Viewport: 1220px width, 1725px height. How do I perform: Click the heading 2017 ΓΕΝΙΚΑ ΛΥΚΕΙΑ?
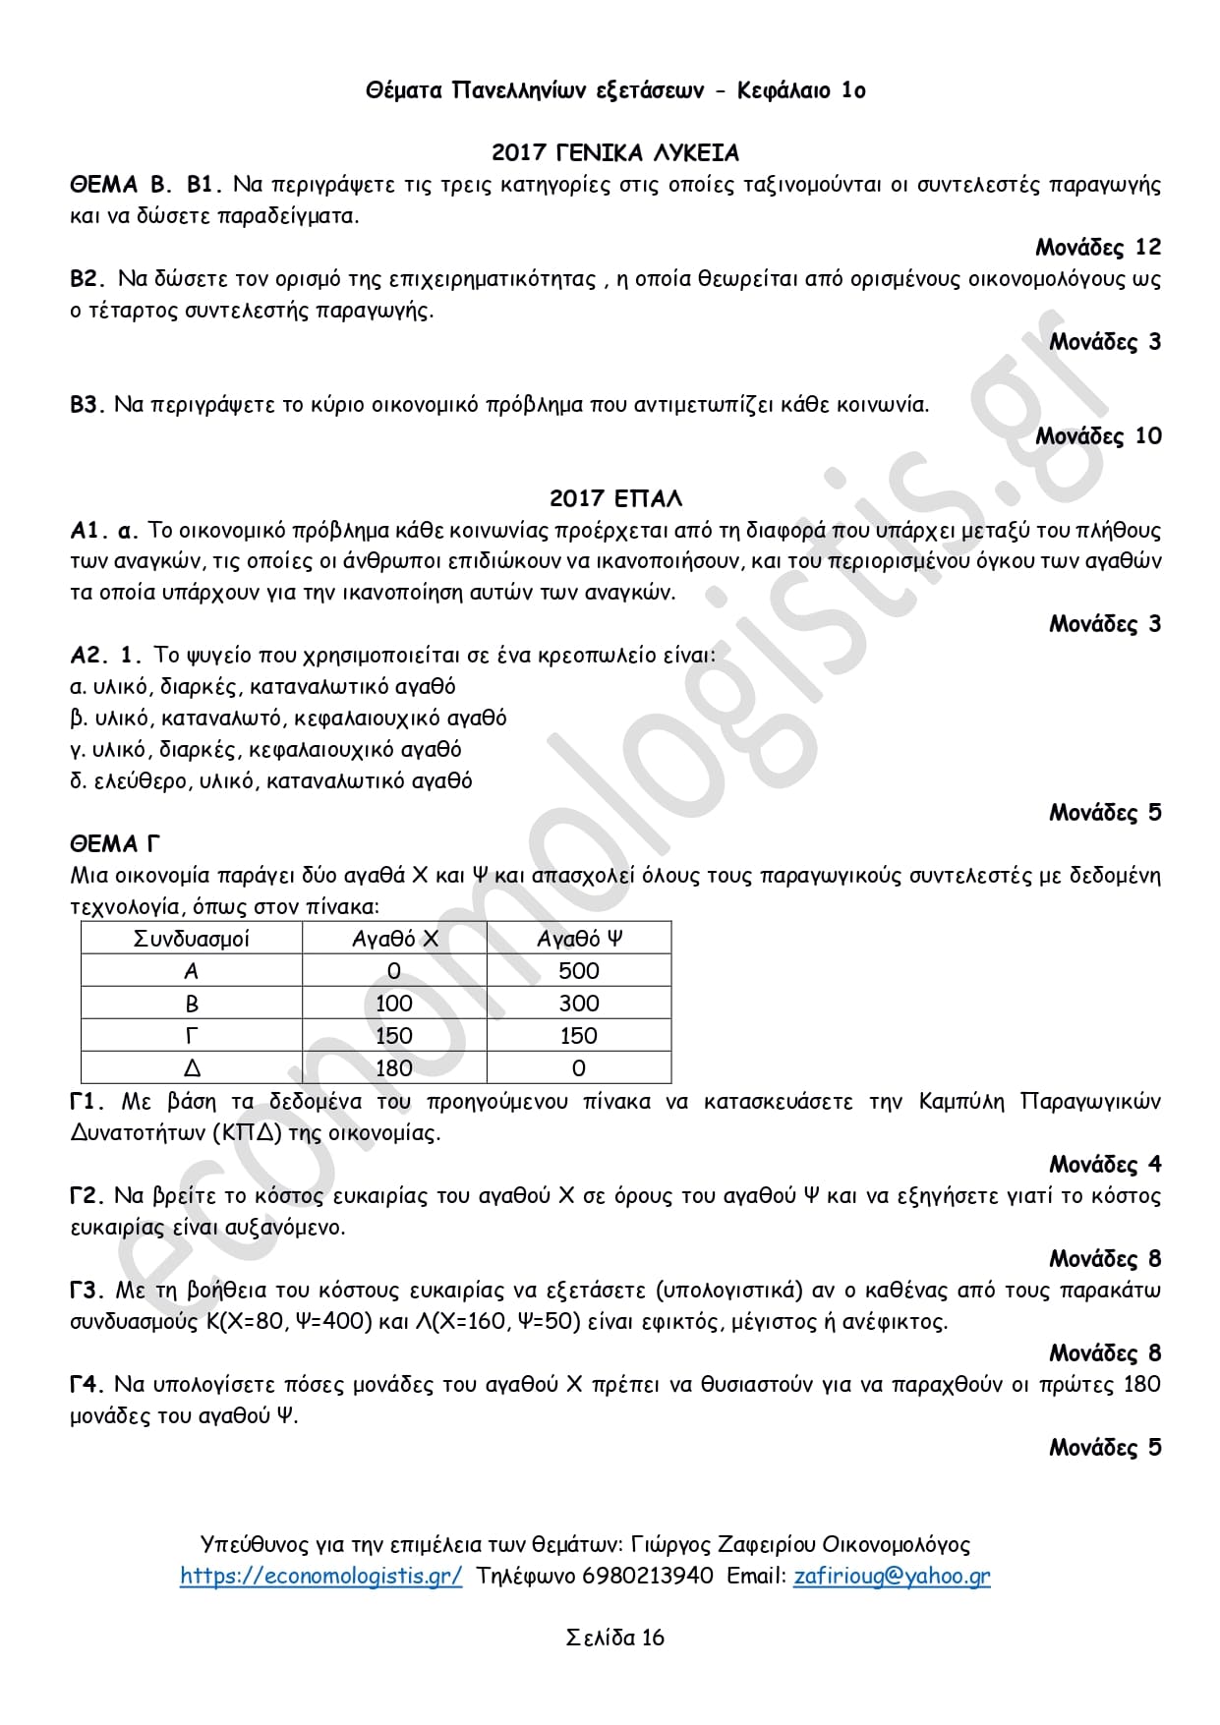pos(614,153)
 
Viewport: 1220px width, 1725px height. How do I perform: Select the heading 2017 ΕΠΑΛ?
pos(615,498)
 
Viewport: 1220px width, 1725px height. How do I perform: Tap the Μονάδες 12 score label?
pos(1097,247)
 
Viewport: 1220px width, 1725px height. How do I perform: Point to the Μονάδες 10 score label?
pos(1097,435)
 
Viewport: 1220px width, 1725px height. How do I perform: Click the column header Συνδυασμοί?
pos(191,939)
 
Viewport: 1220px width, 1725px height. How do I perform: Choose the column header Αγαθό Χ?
pos(394,939)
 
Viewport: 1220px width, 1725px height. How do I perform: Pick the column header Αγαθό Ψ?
pos(579,939)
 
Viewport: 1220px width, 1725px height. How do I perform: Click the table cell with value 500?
pos(579,971)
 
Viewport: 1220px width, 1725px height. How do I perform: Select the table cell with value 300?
pos(579,1004)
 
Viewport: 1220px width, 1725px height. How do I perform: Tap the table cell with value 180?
pos(394,1068)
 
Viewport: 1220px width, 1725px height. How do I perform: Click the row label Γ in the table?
pos(191,1036)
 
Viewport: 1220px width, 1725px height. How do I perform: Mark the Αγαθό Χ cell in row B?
pos(394,1004)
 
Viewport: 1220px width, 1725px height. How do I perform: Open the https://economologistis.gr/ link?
pos(320,1576)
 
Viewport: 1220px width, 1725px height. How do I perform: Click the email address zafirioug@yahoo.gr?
pos(892,1576)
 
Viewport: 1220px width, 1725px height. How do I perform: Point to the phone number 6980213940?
pos(648,1576)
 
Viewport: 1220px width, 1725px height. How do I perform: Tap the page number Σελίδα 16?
pos(614,1638)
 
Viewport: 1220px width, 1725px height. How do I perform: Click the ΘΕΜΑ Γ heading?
pos(115,844)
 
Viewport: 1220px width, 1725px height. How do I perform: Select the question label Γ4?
pos(87,1385)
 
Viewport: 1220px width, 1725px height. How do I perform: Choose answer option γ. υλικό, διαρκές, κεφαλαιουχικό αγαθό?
pos(265,750)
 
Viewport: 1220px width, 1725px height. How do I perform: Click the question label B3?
pos(87,405)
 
